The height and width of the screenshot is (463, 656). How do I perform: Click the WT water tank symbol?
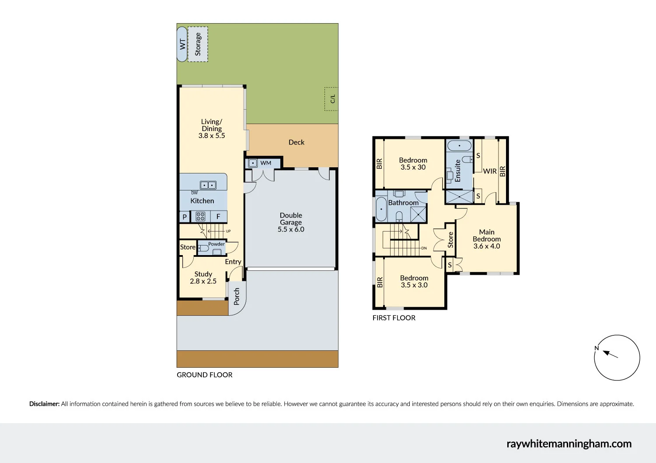click(182, 44)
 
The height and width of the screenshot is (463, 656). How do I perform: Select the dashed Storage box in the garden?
click(198, 44)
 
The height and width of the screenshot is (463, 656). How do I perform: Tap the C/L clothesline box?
click(331, 99)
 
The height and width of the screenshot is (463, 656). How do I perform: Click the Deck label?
click(296, 142)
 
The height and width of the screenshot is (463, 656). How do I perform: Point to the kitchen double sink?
click(208, 185)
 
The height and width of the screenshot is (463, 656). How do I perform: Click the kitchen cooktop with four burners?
click(200, 216)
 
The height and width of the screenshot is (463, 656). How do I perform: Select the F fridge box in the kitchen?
click(218, 217)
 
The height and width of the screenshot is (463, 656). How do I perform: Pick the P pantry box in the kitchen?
click(185, 217)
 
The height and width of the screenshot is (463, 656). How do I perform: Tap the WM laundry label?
click(265, 163)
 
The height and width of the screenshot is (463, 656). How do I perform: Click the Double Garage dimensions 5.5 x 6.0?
click(291, 229)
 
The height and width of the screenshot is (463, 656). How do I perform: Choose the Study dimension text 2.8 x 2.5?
click(203, 281)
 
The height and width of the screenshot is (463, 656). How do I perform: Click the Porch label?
click(237, 296)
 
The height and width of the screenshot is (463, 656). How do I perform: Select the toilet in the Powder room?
click(203, 248)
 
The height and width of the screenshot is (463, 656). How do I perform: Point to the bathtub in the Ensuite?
click(459, 145)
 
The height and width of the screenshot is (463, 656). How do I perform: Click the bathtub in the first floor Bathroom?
click(381, 209)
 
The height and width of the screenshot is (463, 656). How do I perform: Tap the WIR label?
click(490, 171)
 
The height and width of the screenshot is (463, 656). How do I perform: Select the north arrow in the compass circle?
click(610, 354)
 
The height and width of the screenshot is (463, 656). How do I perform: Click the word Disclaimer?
click(44, 404)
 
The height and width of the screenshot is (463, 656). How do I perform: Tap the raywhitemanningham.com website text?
click(569, 444)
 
